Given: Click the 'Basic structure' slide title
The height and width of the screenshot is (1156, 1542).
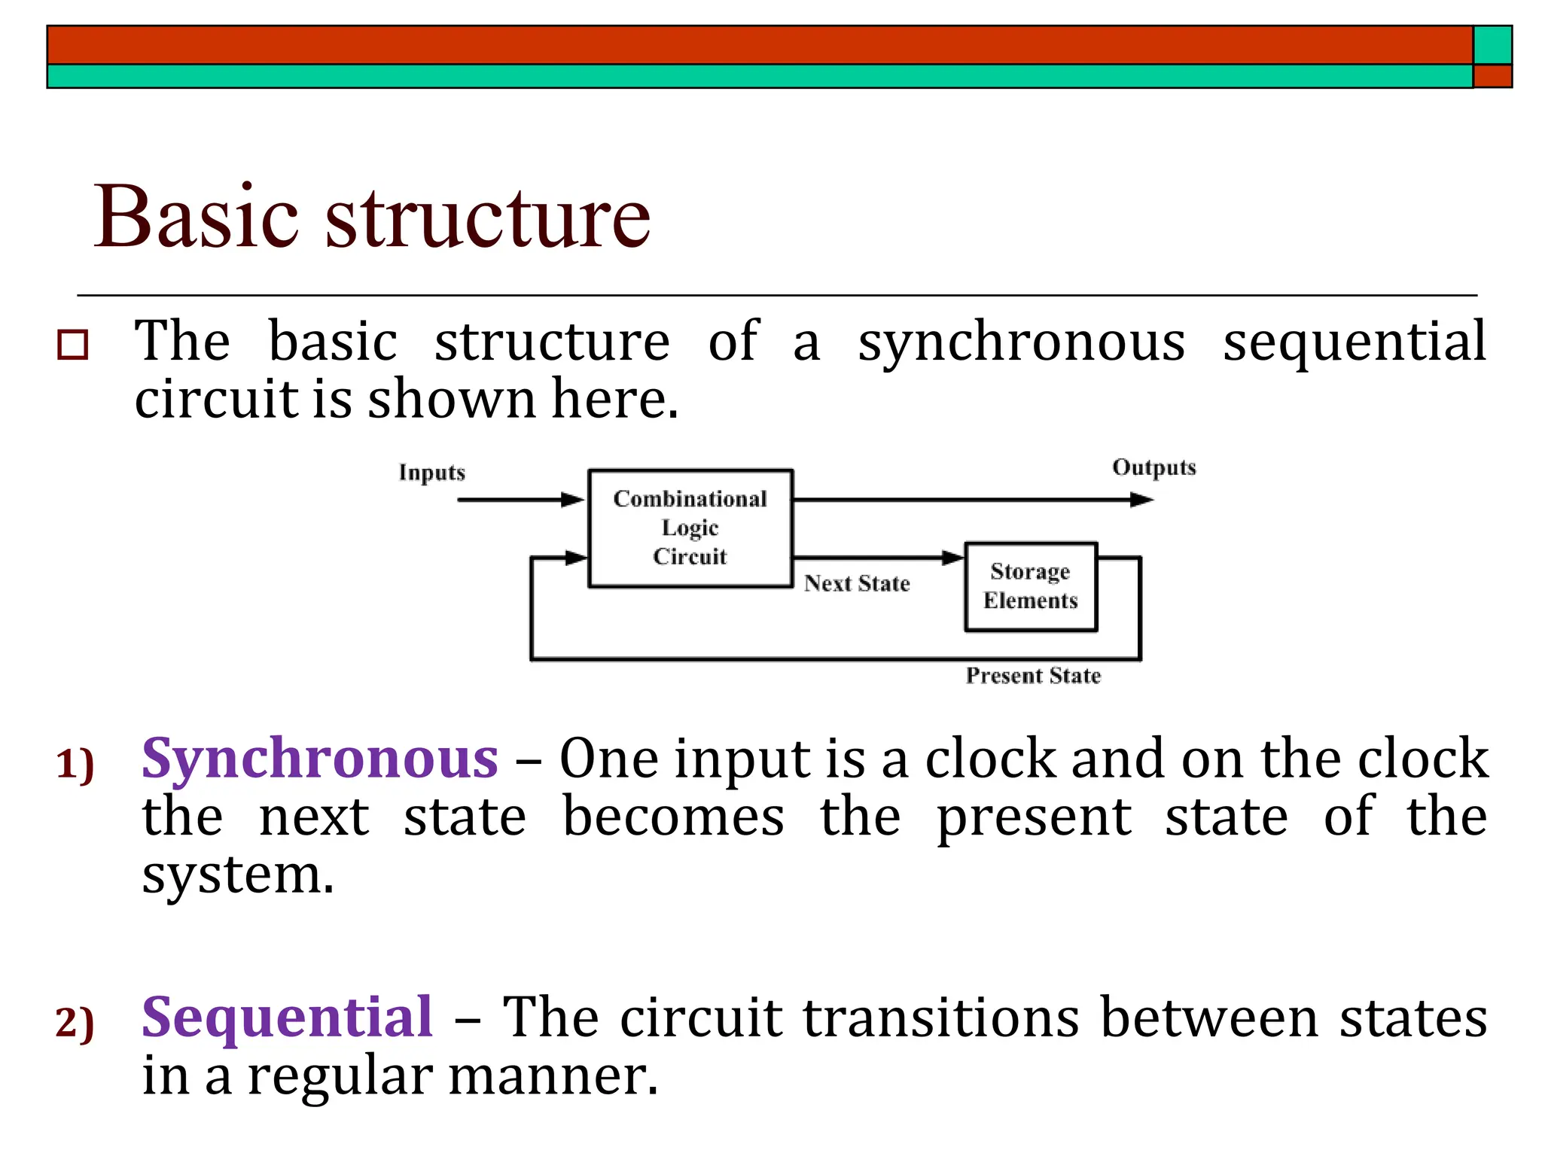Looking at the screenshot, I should [372, 218].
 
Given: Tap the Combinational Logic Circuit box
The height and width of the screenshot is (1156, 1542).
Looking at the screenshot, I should [690, 528].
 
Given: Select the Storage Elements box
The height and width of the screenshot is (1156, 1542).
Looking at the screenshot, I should [1030, 586].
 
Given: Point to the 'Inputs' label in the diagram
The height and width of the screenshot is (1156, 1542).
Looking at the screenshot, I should [431, 473].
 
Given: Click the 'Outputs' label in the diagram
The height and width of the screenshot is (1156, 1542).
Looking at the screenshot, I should [1153, 467].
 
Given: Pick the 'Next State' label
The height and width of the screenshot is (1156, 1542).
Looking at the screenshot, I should [857, 583].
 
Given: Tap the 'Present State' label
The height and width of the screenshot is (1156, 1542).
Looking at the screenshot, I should [1033, 676].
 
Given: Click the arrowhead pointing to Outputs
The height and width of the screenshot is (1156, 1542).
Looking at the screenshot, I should [1142, 500].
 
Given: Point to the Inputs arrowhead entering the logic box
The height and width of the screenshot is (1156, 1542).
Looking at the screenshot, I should [574, 500].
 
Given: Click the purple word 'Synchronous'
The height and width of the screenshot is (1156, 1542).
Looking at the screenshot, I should [319, 759].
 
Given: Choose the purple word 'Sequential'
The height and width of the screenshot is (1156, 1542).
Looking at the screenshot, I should [287, 1018].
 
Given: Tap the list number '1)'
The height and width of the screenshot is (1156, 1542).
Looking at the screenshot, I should [75, 765].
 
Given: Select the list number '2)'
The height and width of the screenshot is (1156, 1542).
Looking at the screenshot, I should [75, 1024].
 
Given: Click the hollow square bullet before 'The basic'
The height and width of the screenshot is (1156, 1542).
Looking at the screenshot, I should [73, 345].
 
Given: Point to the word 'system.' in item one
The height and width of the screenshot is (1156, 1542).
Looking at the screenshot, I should [237, 875].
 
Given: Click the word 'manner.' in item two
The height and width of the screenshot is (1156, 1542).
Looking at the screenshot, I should [553, 1075].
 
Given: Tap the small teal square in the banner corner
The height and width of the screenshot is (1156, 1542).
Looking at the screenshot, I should [1492, 45].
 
